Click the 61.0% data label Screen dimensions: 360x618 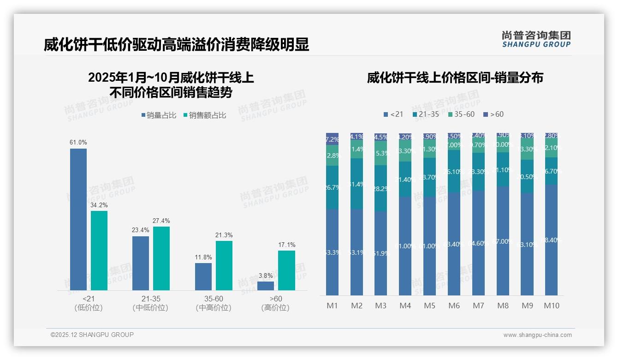point(78,142)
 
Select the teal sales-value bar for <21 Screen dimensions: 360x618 point(99,251)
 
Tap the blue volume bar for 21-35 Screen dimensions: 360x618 point(141,263)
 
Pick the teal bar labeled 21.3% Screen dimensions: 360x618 point(224,265)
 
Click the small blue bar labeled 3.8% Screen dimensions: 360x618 point(266,286)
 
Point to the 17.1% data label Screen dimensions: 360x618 point(287,245)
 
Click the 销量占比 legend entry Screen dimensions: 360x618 point(159,115)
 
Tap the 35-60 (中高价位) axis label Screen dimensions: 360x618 point(213,303)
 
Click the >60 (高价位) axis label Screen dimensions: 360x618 point(275,303)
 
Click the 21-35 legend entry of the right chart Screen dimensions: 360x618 point(426,114)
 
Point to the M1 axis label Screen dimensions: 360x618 point(332,306)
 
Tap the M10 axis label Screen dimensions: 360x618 point(551,306)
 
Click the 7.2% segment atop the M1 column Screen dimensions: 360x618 point(332,139)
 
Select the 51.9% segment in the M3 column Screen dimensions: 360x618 point(381,253)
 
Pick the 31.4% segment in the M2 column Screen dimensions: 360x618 point(357,184)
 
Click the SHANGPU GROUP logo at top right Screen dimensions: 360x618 point(536,39)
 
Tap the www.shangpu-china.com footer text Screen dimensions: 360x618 point(537,335)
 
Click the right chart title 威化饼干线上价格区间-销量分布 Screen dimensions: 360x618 point(455,78)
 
